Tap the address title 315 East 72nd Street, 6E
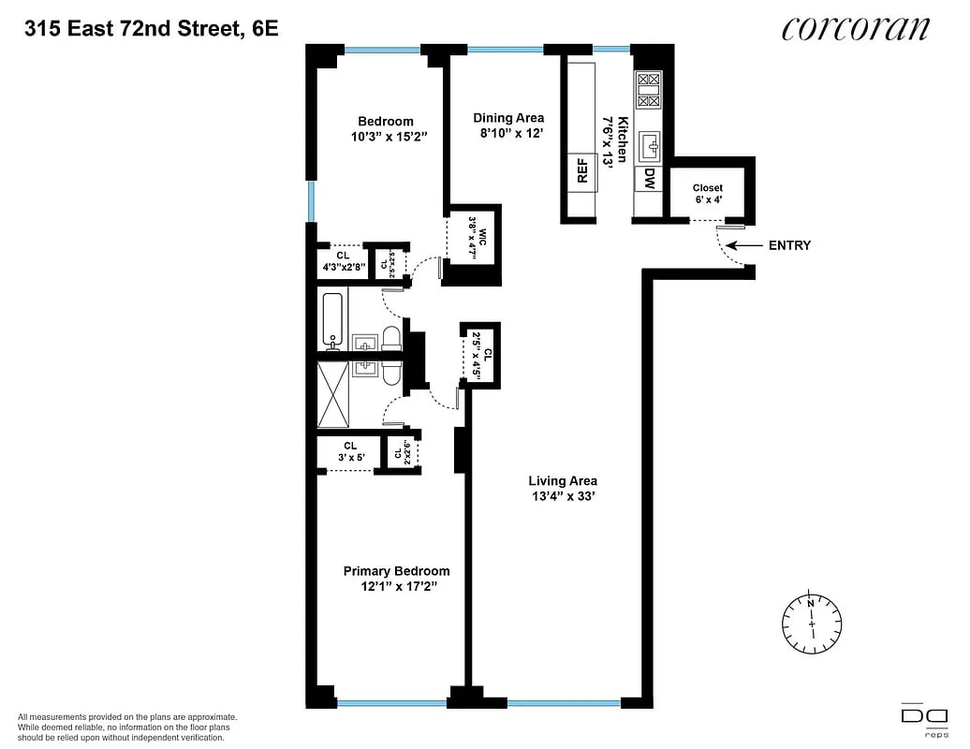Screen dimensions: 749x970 152,28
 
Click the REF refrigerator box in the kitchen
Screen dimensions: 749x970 581,170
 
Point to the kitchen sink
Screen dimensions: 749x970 649,145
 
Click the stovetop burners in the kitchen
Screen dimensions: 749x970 649,92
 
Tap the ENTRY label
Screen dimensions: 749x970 789,245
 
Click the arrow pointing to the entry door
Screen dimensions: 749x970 744,245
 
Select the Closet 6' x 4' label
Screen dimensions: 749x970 708,194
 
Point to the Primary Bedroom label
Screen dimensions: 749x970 396,571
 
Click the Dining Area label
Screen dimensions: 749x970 508,118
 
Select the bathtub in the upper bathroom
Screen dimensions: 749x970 332,319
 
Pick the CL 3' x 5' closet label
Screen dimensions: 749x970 349,451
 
